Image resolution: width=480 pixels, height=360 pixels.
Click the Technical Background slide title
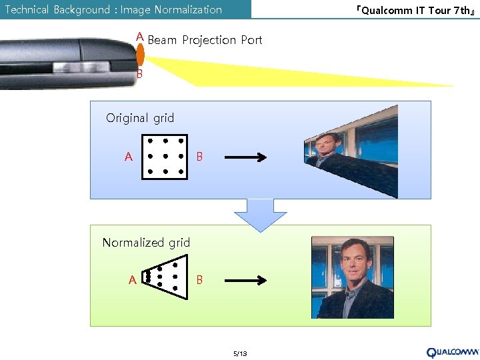tap(113, 9)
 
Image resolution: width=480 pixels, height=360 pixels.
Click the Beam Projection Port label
tap(205, 40)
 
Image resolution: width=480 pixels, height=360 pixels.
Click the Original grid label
tap(140, 118)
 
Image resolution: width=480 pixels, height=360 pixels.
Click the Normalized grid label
tap(146, 243)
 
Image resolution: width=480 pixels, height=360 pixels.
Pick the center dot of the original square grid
tap(165, 157)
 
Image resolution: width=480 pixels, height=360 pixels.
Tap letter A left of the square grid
tap(129, 157)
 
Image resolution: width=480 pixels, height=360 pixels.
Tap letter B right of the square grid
tap(199, 157)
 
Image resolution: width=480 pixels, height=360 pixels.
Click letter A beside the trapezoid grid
tap(133, 280)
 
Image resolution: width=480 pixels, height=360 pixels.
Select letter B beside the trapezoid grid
tap(199, 279)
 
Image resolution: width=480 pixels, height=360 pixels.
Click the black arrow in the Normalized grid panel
tap(245, 281)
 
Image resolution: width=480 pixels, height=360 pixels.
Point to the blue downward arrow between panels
tap(260, 214)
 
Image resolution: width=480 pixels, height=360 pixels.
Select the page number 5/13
tap(240, 353)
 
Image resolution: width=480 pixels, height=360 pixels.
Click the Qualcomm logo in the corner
tap(452, 352)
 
